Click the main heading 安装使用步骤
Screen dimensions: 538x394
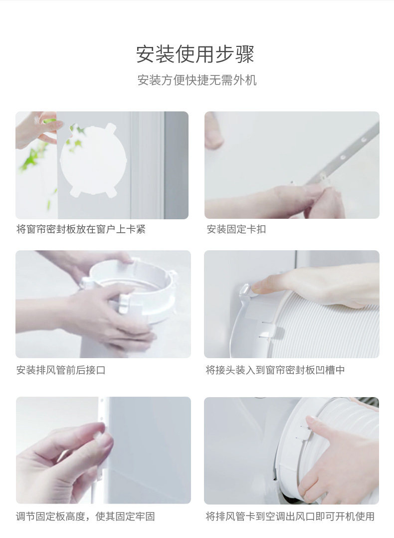tap(196, 54)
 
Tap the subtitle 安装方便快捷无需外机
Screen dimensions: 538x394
tap(197, 80)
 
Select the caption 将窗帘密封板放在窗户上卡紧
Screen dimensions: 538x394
tap(81, 229)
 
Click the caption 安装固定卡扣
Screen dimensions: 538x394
tap(236, 229)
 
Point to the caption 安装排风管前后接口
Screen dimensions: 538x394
tap(61, 370)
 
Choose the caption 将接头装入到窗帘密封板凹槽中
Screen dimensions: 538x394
tap(275, 370)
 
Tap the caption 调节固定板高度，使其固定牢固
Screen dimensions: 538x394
tap(85, 516)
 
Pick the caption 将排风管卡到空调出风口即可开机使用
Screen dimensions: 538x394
tap(290, 516)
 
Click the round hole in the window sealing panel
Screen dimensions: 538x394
tap(93, 159)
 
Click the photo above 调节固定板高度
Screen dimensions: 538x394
tap(103, 450)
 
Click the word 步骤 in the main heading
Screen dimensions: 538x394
tap(235, 54)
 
